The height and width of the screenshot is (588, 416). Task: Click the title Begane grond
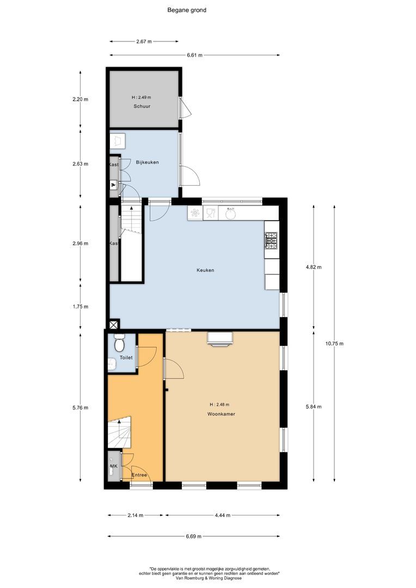pos(186,10)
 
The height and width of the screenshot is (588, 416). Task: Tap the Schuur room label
pos(142,106)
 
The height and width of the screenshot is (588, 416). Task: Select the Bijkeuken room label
pos(148,162)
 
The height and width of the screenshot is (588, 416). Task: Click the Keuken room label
pos(205,270)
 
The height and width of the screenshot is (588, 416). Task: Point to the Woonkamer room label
pos(221,414)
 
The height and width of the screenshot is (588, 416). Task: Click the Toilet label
pos(126,358)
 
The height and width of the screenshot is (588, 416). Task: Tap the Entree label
pos(140,475)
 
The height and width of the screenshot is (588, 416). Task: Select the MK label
pos(114,467)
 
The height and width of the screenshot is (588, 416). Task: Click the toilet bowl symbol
pos(120,344)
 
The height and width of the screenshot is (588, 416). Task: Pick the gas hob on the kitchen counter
pos(271,238)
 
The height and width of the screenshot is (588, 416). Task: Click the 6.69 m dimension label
pos(193,536)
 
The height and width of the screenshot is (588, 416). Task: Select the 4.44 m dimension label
pos(222,515)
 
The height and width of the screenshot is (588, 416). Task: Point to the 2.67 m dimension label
pos(143,41)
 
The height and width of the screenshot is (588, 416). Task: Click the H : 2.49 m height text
pos(142,97)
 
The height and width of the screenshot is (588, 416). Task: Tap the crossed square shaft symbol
pos(113,325)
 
